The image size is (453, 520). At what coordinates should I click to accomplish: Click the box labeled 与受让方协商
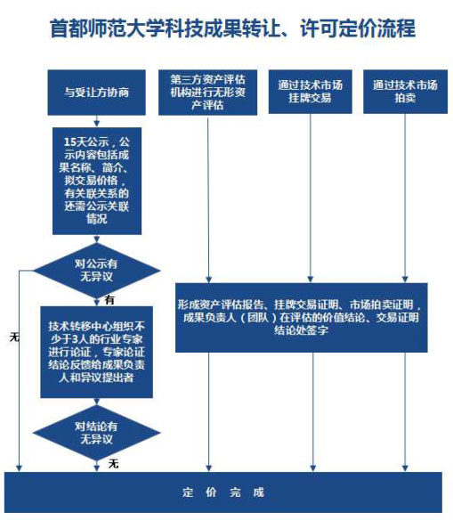pos(96,93)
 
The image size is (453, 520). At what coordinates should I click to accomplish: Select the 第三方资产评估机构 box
pos(207,93)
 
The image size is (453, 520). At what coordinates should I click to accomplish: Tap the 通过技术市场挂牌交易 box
pos(311,92)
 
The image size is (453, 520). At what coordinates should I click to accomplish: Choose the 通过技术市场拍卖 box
pos(405,92)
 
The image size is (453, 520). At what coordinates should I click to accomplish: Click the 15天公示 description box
pos(97,181)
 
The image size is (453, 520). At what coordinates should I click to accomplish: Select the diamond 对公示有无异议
pos(96,271)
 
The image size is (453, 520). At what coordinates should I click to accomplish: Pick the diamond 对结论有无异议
pos(96,433)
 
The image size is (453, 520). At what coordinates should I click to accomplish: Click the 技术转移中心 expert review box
pos(96,352)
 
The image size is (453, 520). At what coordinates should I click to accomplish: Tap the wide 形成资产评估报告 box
pos(301,317)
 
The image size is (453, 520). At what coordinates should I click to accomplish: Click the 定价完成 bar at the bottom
pos(223,492)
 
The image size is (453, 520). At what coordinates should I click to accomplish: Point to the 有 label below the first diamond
pos(109,300)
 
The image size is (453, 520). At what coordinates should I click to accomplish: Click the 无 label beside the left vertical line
pos(14,337)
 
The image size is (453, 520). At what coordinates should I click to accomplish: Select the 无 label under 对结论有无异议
pos(113,464)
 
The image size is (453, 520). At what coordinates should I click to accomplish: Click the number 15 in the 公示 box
pos(70,142)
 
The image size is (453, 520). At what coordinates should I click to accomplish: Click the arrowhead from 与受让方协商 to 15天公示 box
pos(96,124)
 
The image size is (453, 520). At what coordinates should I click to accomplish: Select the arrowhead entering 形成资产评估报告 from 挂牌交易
pos(311,279)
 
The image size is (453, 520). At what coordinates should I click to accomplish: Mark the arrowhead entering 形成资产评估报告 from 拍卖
pos(405,279)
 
